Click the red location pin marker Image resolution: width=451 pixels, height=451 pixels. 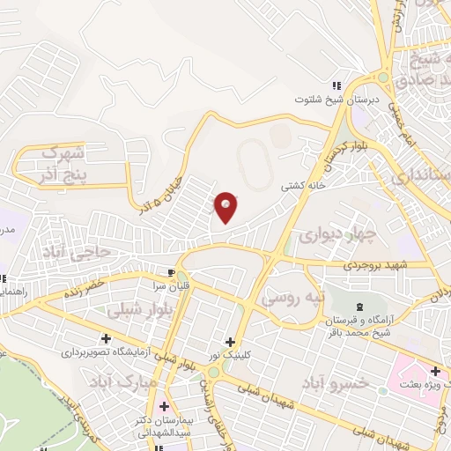pyautogui.click(x=226, y=207)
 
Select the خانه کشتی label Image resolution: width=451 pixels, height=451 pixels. pyautogui.click(x=302, y=187)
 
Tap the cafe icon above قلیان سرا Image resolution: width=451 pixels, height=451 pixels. pyautogui.click(x=173, y=270)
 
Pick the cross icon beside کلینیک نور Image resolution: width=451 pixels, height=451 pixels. pyautogui.click(x=230, y=342)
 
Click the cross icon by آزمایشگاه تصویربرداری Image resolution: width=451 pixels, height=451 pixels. pyautogui.click(x=107, y=337)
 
